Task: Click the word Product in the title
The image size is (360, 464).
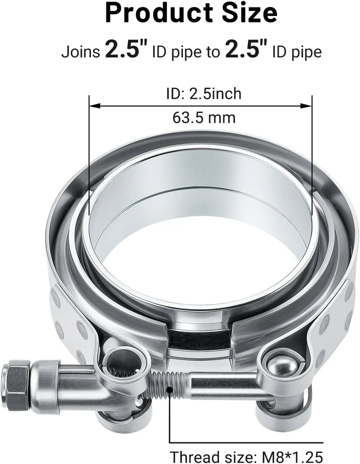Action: pos(158,13)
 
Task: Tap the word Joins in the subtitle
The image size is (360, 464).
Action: pos(81,52)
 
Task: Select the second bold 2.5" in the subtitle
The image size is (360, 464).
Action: pos(246,49)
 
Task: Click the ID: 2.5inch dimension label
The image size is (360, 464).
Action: pos(204,94)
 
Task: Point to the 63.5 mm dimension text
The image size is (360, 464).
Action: pos(204,117)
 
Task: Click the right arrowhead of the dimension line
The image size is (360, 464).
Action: pos(306,105)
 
